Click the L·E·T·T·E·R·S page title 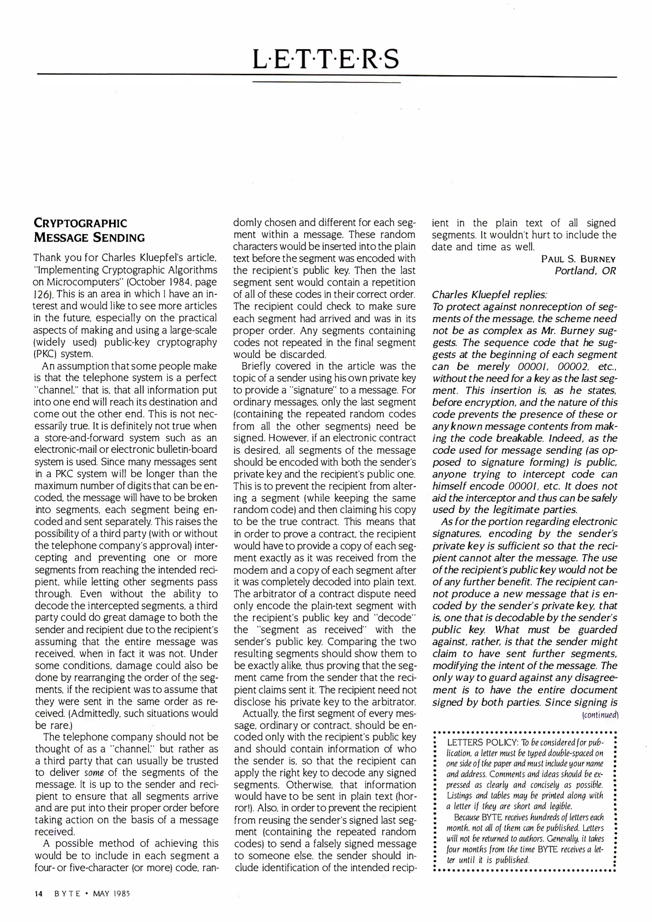tap(326, 59)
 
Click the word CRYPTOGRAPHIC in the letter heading tap(80, 223)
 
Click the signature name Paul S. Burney tap(578, 259)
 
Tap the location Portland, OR tap(585, 271)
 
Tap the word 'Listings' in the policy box tap(460, 795)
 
